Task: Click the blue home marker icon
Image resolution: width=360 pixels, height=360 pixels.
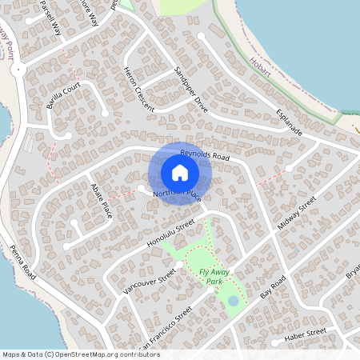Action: click(x=180, y=172)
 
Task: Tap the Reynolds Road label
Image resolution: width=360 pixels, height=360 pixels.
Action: click(x=205, y=155)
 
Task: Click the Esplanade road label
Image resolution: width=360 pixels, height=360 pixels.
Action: click(x=289, y=122)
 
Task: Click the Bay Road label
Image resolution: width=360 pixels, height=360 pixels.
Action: click(x=273, y=289)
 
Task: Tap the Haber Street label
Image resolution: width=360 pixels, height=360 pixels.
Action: click(x=306, y=332)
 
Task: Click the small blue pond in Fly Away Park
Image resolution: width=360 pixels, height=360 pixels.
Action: click(x=233, y=301)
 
